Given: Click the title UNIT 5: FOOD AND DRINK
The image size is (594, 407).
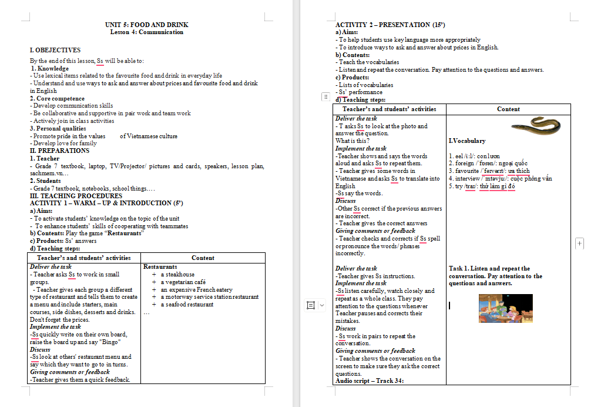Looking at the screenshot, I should click(147, 25).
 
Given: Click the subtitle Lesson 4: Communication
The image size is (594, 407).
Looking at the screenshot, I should click(147, 32).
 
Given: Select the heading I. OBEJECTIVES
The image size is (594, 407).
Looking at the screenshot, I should click(55, 50).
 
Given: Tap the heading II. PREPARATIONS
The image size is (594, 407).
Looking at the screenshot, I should click(60, 151).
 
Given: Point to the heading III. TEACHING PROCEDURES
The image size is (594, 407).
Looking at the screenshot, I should click(76, 196).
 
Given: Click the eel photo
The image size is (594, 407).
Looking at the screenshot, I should click(535, 125).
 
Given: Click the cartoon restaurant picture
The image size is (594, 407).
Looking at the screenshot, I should click(506, 308).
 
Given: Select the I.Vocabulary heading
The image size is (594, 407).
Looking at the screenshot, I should click(467, 141).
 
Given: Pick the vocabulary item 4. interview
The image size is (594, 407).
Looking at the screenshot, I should click(500, 179).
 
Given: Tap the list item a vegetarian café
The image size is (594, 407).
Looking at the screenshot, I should click(183, 282).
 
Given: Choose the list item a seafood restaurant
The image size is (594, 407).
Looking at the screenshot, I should click(187, 305).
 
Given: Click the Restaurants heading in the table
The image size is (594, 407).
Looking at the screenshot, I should click(160, 267).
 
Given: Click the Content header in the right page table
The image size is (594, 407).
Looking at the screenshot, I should click(508, 109).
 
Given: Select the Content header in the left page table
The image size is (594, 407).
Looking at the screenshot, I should click(203, 258).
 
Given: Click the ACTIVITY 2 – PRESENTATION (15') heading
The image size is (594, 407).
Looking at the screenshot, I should click(390, 25).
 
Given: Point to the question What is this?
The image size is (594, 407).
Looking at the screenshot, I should click(353, 141).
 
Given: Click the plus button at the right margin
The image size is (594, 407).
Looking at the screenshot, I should click(580, 243).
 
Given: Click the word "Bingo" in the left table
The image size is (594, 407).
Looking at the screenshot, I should click(110, 342).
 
